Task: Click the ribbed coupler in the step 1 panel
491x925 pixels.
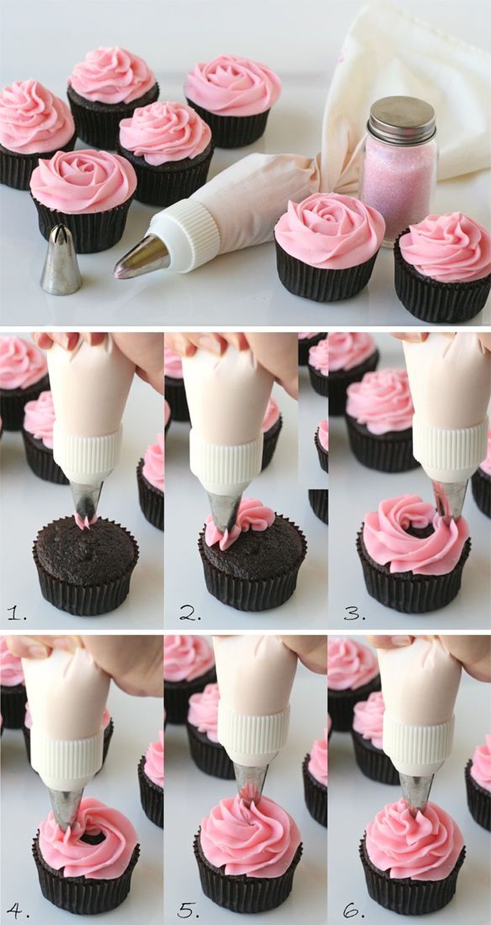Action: pyautogui.click(x=88, y=453)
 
